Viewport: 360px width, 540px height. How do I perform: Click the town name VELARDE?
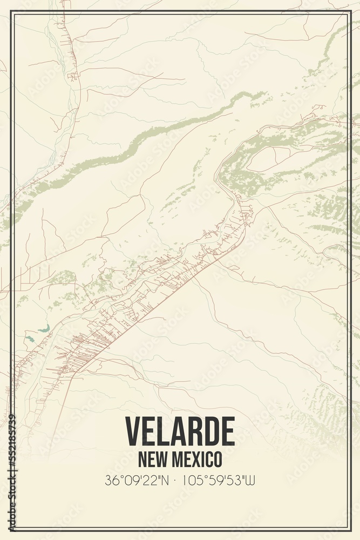pos(180,431)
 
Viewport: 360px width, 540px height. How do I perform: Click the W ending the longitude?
pos(251,480)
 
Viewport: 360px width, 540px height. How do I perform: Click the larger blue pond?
pos(44,328)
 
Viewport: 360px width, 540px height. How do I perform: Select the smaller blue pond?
pos(29,339)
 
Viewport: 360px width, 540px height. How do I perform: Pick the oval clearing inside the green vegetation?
pos(262,159)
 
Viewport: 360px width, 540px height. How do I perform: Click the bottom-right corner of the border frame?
pos(349,530)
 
